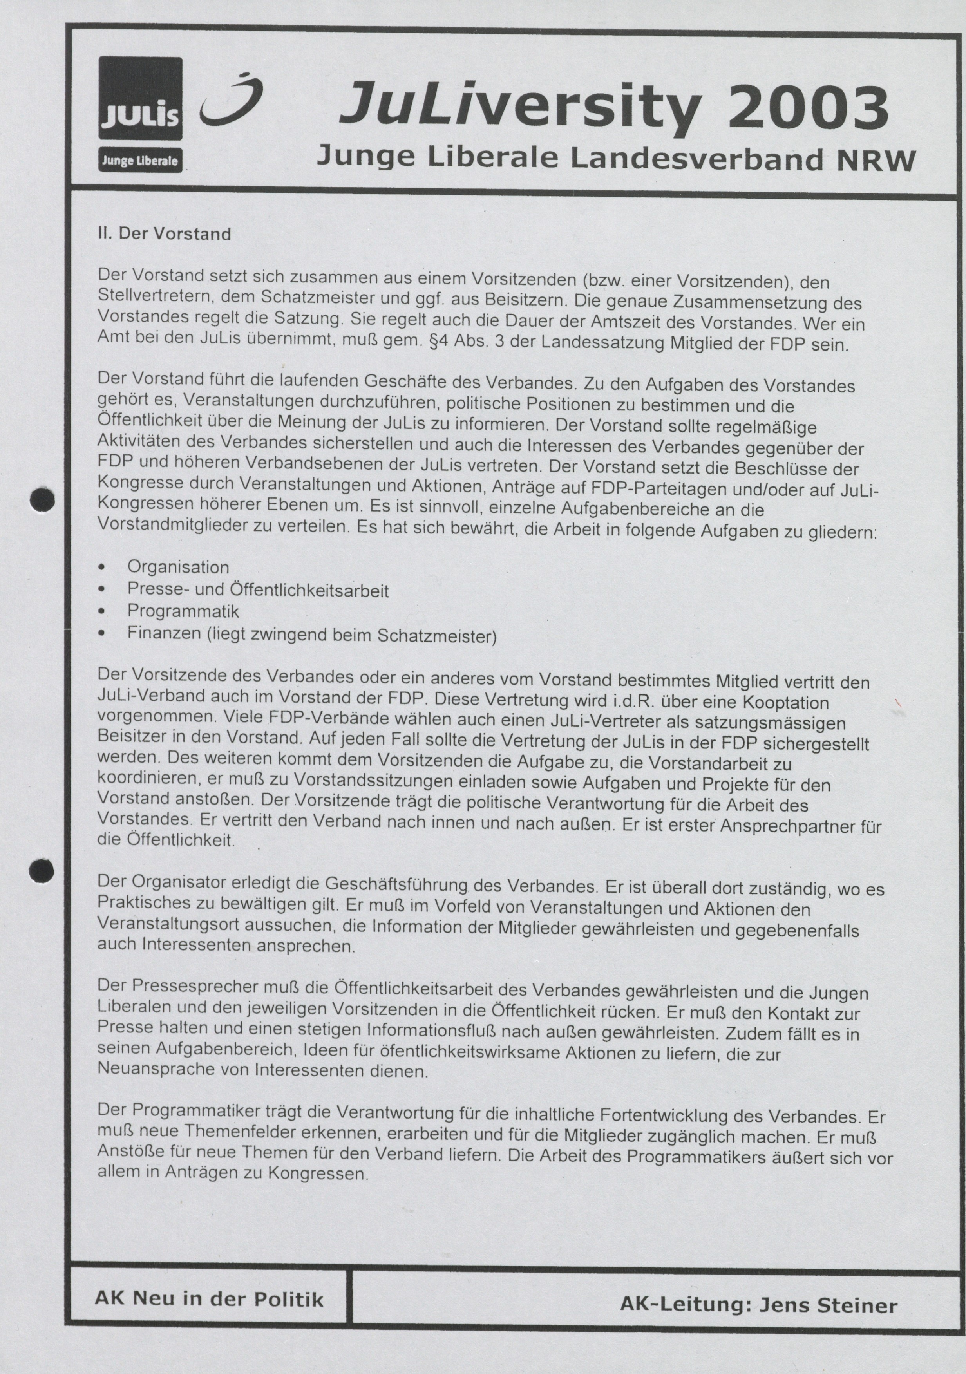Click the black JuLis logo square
(x=140, y=99)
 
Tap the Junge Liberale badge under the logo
(x=140, y=160)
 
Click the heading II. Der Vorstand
(x=164, y=233)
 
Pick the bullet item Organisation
(x=178, y=567)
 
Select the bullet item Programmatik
(x=183, y=611)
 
